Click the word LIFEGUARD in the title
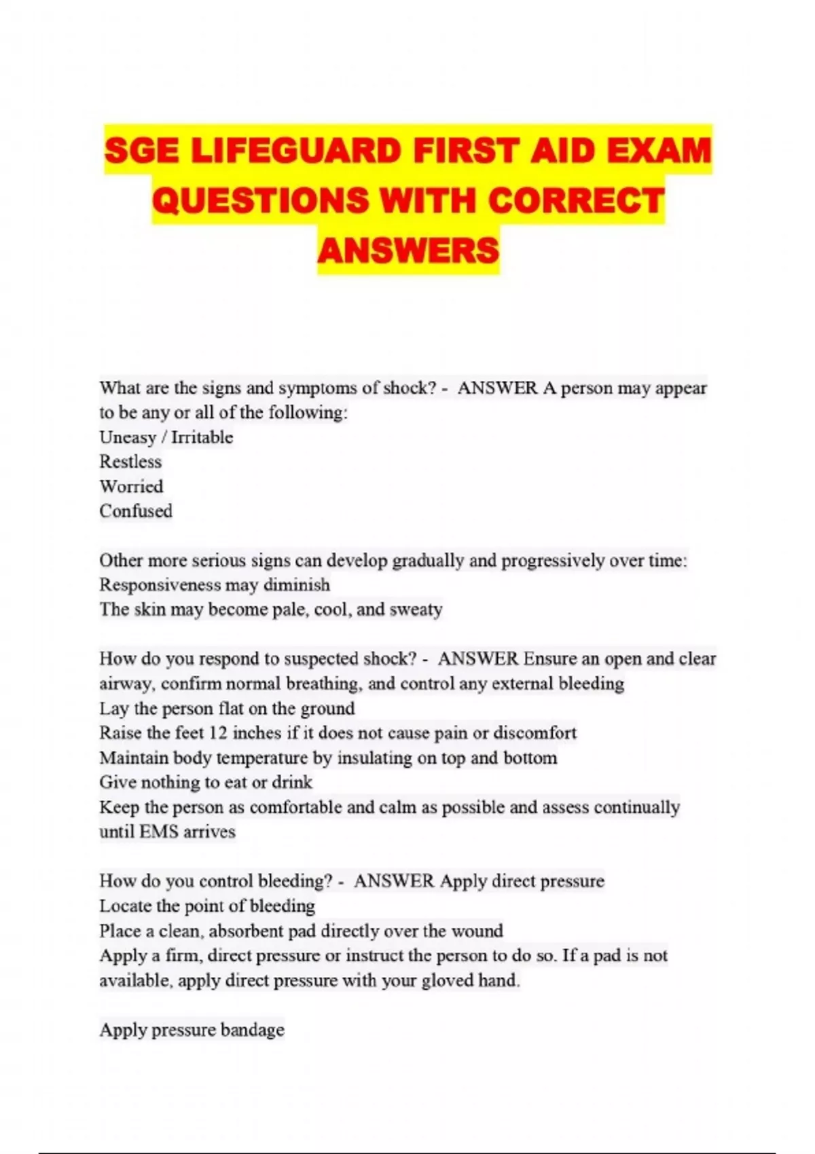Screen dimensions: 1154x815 (x=295, y=150)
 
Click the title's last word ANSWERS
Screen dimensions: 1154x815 (x=408, y=250)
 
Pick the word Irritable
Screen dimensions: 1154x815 (x=202, y=437)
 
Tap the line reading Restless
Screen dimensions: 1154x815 (x=130, y=462)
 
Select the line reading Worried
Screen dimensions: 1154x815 (x=131, y=486)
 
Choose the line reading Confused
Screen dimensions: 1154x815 (x=136, y=510)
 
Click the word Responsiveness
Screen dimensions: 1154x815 (x=160, y=584)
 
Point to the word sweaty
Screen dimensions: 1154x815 (x=416, y=610)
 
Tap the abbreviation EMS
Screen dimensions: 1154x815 (x=158, y=832)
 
